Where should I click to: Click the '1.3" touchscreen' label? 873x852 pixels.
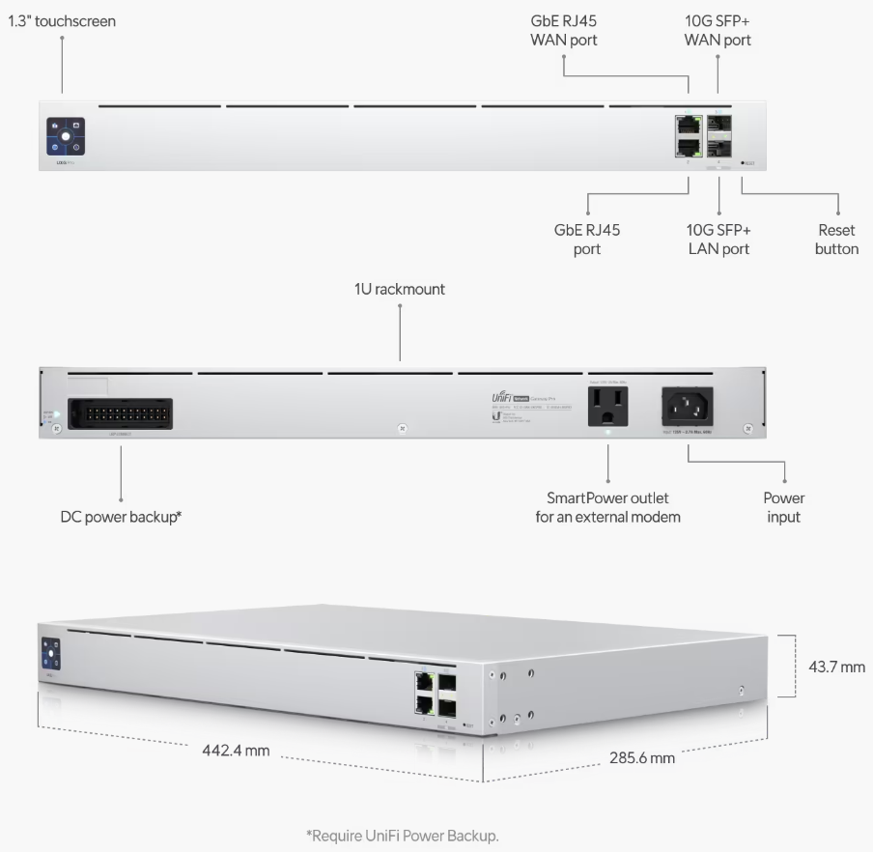click(62, 20)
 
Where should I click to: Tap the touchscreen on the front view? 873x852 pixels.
click(65, 137)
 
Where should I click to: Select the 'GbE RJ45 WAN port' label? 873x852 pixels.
click(563, 31)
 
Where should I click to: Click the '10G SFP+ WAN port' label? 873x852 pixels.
click(718, 31)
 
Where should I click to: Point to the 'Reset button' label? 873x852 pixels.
click(836, 240)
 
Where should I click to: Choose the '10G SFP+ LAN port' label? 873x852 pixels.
click(718, 240)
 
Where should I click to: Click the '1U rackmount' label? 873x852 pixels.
click(400, 289)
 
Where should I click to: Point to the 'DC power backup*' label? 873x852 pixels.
click(121, 517)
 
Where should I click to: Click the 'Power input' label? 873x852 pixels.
click(783, 507)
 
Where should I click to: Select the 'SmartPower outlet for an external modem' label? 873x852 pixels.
click(607, 507)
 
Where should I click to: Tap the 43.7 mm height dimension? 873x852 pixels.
click(836, 667)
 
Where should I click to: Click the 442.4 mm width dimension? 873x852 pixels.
click(236, 750)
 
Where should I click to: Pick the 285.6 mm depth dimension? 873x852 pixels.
click(642, 757)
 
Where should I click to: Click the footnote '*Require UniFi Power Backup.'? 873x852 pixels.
click(402, 836)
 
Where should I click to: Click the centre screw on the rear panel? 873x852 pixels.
click(403, 426)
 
